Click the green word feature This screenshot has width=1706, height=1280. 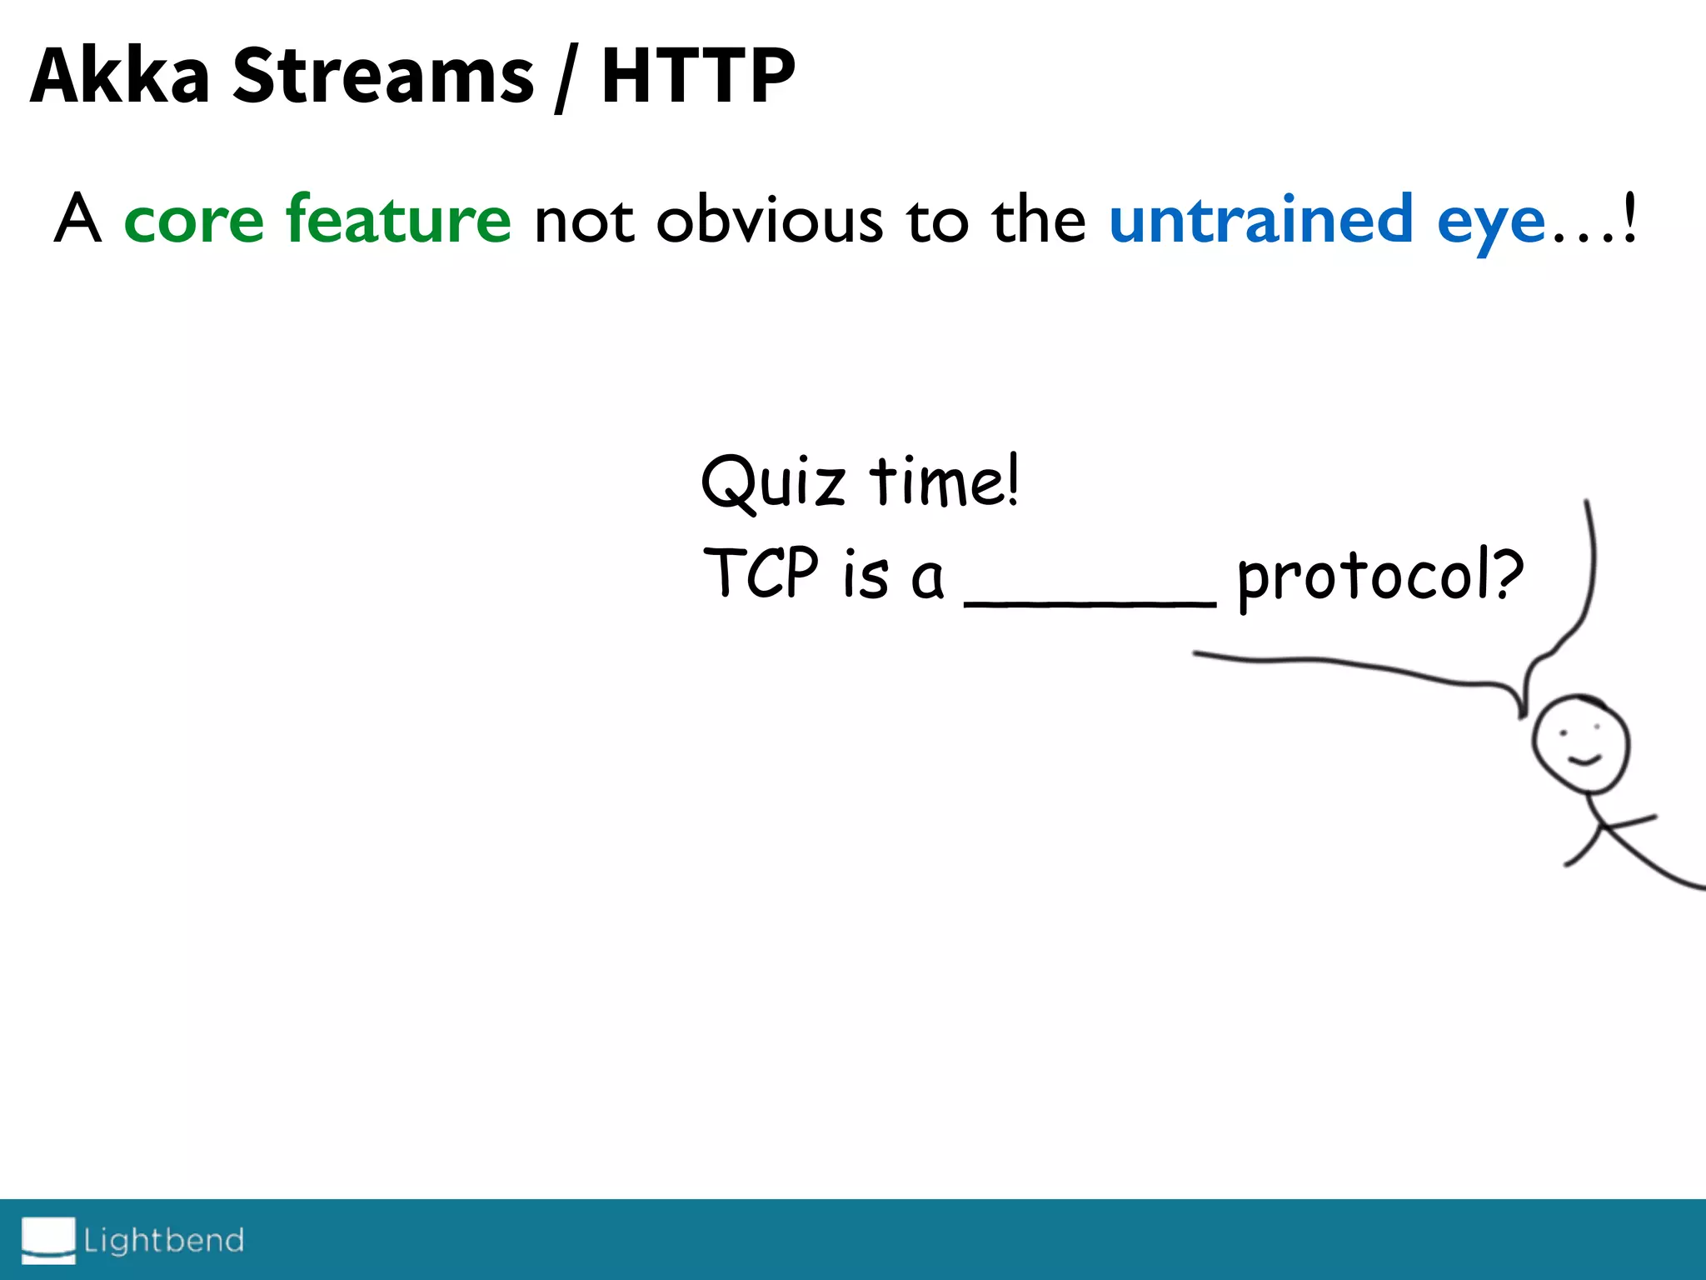pos(398,218)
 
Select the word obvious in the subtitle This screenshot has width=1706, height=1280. pos(770,220)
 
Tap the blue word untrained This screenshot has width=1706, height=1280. pos(1260,218)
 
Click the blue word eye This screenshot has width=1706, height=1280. pos(1491,223)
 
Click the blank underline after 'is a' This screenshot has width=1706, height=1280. pos(1090,602)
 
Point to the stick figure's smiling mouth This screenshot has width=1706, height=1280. pos(1584,759)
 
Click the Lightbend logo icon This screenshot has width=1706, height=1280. pos(48,1239)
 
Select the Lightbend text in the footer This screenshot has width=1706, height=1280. pos(164,1240)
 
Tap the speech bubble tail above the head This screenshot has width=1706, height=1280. pos(1526,687)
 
